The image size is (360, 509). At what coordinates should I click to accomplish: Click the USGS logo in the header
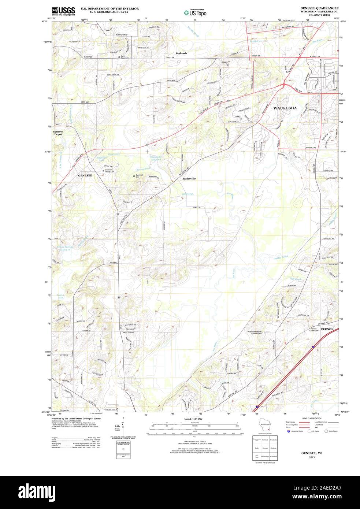coord(63,11)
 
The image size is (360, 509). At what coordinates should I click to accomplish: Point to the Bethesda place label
coord(181,53)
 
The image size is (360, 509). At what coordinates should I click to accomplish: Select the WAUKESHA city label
coord(285,108)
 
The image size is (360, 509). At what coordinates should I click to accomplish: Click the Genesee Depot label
coord(58,133)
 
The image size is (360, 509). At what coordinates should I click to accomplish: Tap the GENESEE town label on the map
coord(85,176)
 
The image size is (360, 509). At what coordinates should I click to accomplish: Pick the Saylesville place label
coord(189,179)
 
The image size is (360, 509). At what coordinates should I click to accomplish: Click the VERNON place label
coord(327,329)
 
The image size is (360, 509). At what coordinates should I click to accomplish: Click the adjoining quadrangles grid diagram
coord(264,448)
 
